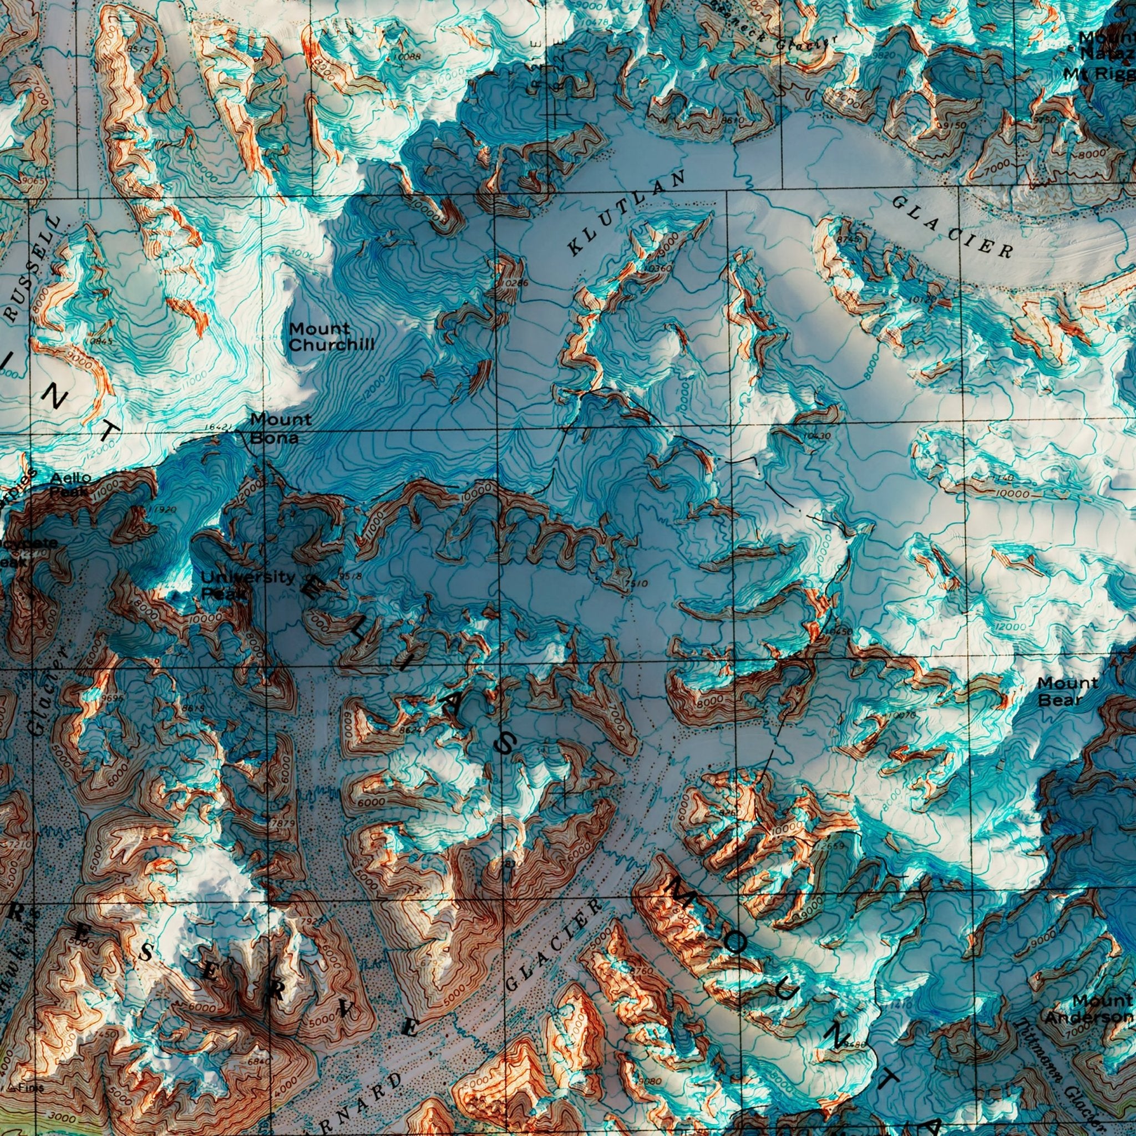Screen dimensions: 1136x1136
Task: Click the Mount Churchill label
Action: coord(331,337)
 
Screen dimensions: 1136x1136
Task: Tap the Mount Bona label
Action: coord(281,428)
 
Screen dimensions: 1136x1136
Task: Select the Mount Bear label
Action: coord(1067,691)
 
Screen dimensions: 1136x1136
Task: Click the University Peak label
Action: coord(247,585)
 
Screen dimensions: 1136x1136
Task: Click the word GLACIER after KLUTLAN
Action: coord(952,226)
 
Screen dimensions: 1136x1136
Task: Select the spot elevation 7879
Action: coord(282,823)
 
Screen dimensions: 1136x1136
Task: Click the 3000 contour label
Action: coord(63,1116)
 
